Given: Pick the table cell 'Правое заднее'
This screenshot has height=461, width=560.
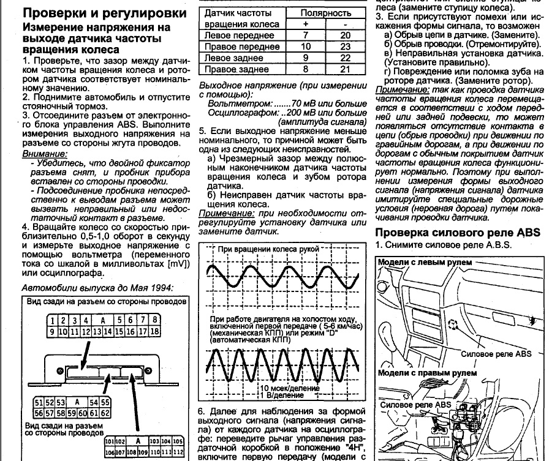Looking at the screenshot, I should point(230,69).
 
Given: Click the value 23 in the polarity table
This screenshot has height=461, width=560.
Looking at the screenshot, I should point(346,47).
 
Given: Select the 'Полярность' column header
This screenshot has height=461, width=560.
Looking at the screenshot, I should point(326,13).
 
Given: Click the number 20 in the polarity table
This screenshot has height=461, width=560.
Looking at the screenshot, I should point(346,36).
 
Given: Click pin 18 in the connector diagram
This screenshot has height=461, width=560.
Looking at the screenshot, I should point(154,331).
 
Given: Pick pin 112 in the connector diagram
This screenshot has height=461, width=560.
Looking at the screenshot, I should point(178,452).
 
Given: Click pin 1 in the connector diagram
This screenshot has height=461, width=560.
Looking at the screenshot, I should point(55,320).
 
